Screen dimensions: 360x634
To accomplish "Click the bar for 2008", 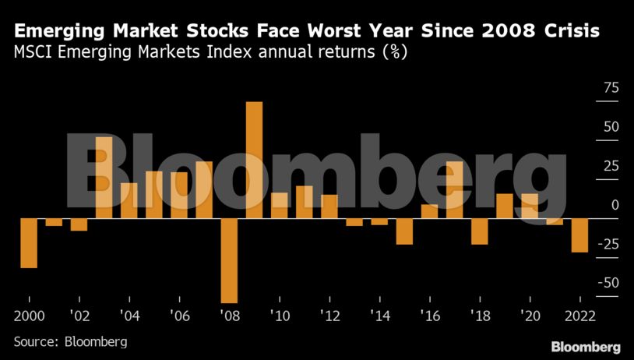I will pyautogui.click(x=229, y=260).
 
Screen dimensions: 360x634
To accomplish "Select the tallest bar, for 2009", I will pyautogui.click(x=254, y=160).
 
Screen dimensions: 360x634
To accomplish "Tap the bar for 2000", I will pyautogui.click(x=29, y=243).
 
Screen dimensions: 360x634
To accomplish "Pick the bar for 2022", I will pyautogui.click(x=579, y=235).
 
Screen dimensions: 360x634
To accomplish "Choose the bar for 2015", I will pyautogui.click(x=404, y=231).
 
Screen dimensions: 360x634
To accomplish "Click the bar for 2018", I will pyautogui.click(x=479, y=231).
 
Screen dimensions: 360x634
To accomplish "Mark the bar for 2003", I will pyautogui.click(x=104, y=178).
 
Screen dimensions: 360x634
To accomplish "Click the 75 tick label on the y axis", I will pyautogui.click(x=608, y=88).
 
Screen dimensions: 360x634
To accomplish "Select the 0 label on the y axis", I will pyautogui.click(x=615, y=205).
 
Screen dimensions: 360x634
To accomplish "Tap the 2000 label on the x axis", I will pyautogui.click(x=29, y=316).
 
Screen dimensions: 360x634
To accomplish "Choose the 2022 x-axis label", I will pyautogui.click(x=579, y=316).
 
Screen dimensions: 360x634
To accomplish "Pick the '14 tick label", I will pyautogui.click(x=379, y=316).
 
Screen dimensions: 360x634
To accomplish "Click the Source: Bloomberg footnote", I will pyautogui.click(x=70, y=341).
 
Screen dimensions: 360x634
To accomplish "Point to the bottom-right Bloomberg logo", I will pyautogui.click(x=586, y=346).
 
